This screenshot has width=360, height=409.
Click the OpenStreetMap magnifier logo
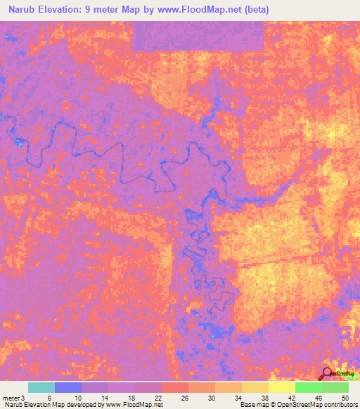point(326,373)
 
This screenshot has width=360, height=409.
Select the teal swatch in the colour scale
point(41,387)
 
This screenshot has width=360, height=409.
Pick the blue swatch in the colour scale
point(67,387)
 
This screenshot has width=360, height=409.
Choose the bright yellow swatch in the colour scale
point(281,387)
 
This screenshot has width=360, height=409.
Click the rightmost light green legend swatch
point(335,387)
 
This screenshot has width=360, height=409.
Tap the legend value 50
point(344,398)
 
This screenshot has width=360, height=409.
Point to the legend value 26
point(184,398)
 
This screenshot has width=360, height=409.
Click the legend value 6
point(50,398)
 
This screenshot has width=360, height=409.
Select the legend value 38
point(264,398)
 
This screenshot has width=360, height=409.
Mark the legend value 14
point(103,398)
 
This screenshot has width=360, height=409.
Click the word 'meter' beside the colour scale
point(11,398)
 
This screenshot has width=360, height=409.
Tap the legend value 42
point(290,398)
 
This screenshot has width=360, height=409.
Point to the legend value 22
point(157,398)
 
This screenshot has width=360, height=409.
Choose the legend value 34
point(237,398)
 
